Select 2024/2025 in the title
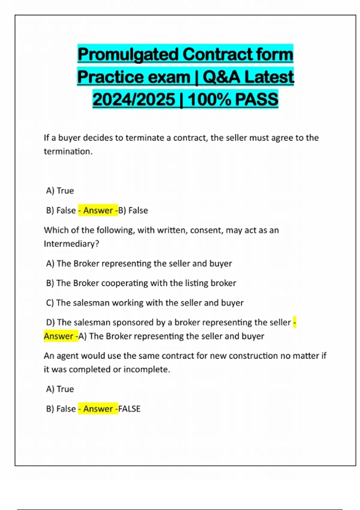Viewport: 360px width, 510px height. [x=134, y=99]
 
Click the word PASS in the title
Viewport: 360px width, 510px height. [x=256, y=99]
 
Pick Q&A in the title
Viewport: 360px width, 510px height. [x=221, y=77]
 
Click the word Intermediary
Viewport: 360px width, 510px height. [x=70, y=244]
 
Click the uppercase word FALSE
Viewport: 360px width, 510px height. [x=129, y=409]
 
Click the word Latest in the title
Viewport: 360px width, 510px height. [x=269, y=77]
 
